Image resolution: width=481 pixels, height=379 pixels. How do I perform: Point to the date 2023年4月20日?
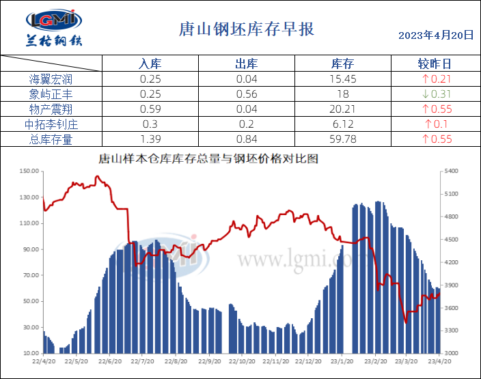(435, 35)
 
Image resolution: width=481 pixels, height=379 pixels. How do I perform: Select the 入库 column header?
(150, 64)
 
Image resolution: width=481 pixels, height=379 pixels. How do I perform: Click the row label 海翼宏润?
(51, 79)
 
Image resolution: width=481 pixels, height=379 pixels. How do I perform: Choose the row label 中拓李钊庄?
(51, 124)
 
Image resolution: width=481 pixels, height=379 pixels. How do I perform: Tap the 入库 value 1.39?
(150, 139)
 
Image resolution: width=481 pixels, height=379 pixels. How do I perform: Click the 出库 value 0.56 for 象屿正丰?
(246, 94)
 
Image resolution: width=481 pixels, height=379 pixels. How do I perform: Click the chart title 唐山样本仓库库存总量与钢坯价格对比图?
(209, 159)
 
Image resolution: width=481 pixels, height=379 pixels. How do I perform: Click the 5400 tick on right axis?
(452, 171)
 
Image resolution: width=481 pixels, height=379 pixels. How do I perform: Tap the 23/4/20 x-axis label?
(438, 361)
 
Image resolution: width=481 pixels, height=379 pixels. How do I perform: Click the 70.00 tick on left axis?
(30, 275)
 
